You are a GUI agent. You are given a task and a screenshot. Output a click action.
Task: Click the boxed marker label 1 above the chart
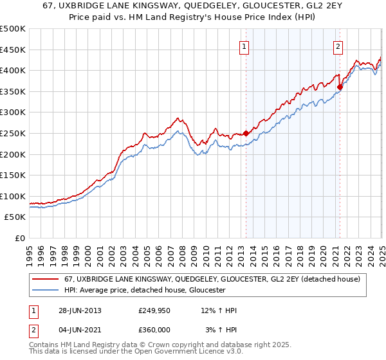point(245,46)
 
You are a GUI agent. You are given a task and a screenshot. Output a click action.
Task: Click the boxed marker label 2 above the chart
point(338,46)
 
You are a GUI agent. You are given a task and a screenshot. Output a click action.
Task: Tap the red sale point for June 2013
point(246,133)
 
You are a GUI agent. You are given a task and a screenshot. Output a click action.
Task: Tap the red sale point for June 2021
point(340,87)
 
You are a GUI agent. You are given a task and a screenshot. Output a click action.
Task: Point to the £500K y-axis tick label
point(13,29)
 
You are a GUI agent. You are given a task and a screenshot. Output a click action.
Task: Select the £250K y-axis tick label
point(13,133)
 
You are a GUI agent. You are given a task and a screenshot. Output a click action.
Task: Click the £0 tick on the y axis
point(21,238)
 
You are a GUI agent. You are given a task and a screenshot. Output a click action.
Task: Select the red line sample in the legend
point(46,279)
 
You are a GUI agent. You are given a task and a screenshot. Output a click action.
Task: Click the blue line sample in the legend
point(46,290)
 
